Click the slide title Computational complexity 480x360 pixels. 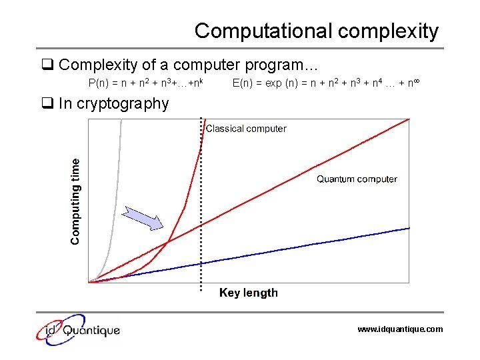click(317, 31)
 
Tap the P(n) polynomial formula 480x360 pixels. click(145, 83)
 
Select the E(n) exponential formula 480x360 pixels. click(326, 83)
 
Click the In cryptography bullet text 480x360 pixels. click(113, 103)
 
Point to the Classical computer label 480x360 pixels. click(246, 129)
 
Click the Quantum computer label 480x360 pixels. click(357, 179)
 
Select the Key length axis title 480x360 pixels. click(249, 293)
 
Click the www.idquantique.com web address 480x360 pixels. click(399, 329)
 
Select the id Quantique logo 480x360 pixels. click(79, 329)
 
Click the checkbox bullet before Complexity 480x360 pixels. click(47, 65)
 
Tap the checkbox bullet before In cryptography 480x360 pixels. click(47, 103)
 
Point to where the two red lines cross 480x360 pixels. click(167, 242)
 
